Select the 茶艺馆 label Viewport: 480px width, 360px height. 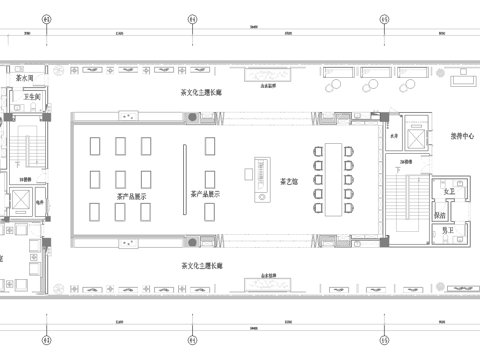click(289, 179)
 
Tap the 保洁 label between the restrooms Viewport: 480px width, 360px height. click(440, 213)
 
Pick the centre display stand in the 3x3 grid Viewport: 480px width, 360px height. click(120, 178)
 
